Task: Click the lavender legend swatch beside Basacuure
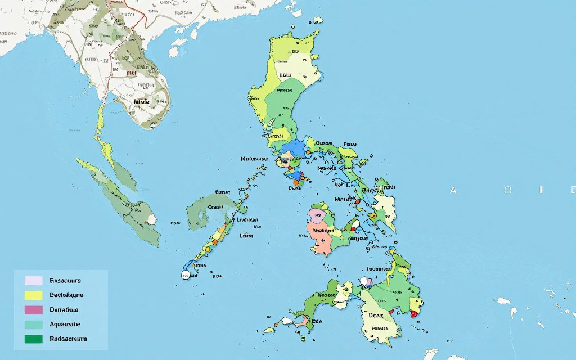coord(34,280)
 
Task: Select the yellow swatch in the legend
coord(34,295)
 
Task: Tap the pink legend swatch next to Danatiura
coord(34,309)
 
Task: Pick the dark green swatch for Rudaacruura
coord(34,339)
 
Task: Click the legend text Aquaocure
coord(65,324)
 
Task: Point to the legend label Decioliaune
coord(66,295)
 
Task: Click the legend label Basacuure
coord(65,280)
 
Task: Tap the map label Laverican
coord(247,220)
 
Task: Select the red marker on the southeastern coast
coord(415,314)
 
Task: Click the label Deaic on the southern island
coord(371,316)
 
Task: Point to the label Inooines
coord(379,269)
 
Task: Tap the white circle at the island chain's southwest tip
coord(185,274)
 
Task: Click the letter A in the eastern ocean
coord(453,191)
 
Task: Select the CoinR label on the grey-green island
coord(216,207)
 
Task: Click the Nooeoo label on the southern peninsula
coord(327,294)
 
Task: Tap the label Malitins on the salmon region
coord(323,229)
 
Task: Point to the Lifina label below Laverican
coord(246,236)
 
